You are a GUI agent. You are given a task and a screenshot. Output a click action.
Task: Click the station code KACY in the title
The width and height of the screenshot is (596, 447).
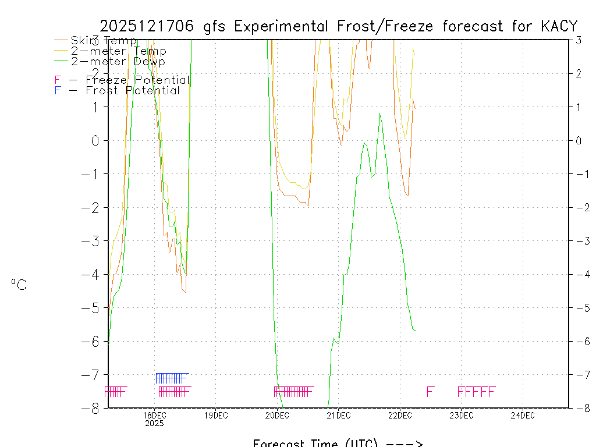tap(559, 26)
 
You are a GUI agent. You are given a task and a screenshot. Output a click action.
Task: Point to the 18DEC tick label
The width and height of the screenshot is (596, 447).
tap(154, 415)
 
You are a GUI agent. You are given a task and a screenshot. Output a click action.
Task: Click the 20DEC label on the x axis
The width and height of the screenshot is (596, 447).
tap(277, 415)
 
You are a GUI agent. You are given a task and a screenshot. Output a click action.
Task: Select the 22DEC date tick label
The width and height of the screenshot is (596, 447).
tap(400, 415)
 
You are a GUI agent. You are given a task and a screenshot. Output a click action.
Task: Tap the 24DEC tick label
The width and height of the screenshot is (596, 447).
tap(523, 415)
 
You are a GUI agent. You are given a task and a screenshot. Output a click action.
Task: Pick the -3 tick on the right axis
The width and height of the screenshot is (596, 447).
tap(580, 241)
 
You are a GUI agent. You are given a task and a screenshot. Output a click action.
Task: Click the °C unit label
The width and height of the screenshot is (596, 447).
tap(19, 285)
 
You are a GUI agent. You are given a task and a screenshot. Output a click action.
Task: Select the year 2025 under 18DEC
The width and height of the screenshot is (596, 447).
tap(154, 424)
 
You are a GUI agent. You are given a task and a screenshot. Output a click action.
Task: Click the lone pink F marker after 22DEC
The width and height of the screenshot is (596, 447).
tap(430, 391)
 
